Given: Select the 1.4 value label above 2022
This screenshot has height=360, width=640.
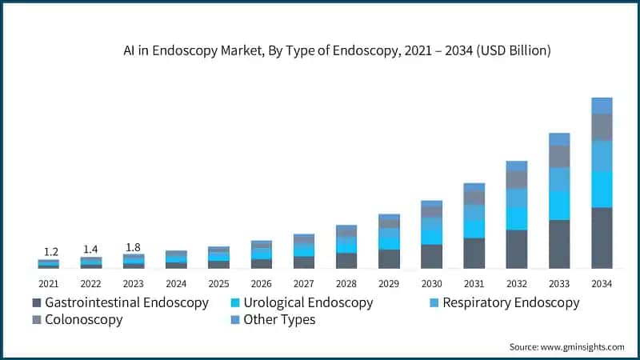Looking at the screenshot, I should pyautogui.click(x=90, y=250).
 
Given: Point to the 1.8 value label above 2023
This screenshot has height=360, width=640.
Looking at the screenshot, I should pyautogui.click(x=133, y=246).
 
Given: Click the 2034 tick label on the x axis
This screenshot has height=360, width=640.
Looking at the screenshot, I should pyautogui.click(x=601, y=284).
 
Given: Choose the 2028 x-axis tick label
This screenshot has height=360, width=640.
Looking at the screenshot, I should pyautogui.click(x=346, y=284).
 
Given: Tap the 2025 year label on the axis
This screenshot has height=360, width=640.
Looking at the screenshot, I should pyautogui.click(x=218, y=284).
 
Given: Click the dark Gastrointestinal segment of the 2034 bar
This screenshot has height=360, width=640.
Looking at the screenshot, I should pyautogui.click(x=602, y=238).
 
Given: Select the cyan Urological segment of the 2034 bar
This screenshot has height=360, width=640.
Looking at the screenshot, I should pyautogui.click(x=602, y=190).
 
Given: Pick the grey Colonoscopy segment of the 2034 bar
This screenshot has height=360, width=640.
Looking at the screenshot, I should pyautogui.click(x=602, y=126).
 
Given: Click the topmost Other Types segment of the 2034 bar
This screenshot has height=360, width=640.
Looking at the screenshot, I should pyautogui.click(x=602, y=106).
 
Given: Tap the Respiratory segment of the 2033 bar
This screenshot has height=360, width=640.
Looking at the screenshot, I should pyautogui.click(x=559, y=179).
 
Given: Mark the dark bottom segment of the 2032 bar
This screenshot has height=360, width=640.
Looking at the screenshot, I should pyautogui.click(x=517, y=249).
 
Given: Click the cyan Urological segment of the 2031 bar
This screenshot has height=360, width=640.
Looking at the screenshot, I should pyautogui.click(x=474, y=229).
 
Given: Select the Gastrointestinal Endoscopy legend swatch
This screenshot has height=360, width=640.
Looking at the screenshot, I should pyautogui.click(x=36, y=303).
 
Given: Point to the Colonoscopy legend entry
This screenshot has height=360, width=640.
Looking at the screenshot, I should pyautogui.click(x=84, y=320).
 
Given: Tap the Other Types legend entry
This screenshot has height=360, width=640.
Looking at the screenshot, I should pyautogui.click(x=279, y=320).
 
